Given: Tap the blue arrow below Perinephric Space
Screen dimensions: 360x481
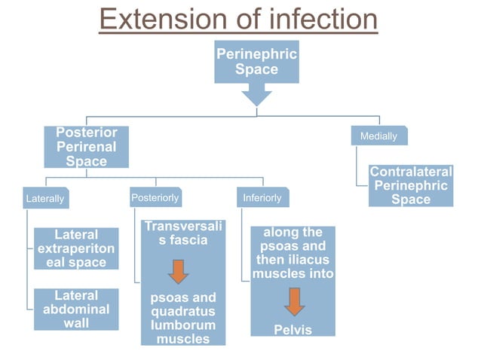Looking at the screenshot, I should click(x=256, y=95).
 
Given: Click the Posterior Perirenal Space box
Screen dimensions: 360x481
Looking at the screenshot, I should click(x=86, y=147).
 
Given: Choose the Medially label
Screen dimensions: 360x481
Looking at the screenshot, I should click(x=378, y=136).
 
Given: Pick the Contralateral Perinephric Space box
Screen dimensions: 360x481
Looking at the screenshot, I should click(x=411, y=186).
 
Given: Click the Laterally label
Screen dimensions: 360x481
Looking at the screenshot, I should click(x=45, y=200).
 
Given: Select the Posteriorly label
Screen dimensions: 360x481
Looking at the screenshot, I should click(x=155, y=198).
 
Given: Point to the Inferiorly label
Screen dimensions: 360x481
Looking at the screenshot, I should click(x=262, y=198).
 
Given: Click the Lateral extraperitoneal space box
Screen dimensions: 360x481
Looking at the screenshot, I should click(x=75, y=249).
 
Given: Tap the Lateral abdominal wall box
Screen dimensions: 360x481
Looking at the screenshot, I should click(x=75, y=309).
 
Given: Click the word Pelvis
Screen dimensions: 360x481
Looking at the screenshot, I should click(x=293, y=330).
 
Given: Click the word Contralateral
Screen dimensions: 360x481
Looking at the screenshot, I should click(x=411, y=172).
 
